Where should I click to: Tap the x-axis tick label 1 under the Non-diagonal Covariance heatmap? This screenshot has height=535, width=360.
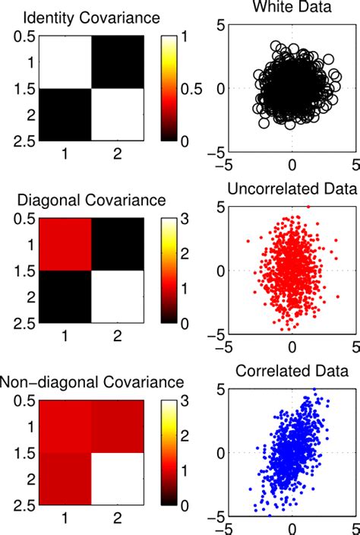(66, 520)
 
